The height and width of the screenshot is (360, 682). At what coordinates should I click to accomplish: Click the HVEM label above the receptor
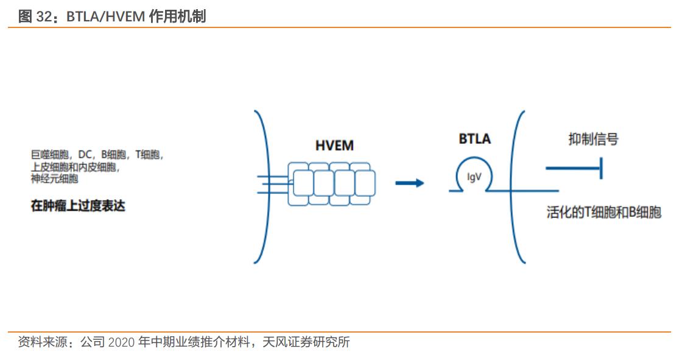[334, 146]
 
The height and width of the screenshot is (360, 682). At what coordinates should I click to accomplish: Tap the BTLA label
[474, 139]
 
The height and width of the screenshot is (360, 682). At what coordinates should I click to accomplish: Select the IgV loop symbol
[474, 177]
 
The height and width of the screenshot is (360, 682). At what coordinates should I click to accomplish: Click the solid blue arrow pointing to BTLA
[409, 182]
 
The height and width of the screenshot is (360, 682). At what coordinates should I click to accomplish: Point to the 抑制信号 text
[593, 139]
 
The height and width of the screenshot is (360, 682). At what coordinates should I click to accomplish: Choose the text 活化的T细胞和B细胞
[603, 213]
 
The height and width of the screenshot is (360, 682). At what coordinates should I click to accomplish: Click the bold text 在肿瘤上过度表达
[78, 205]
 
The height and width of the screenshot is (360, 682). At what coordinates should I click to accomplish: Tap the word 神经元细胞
[54, 179]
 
